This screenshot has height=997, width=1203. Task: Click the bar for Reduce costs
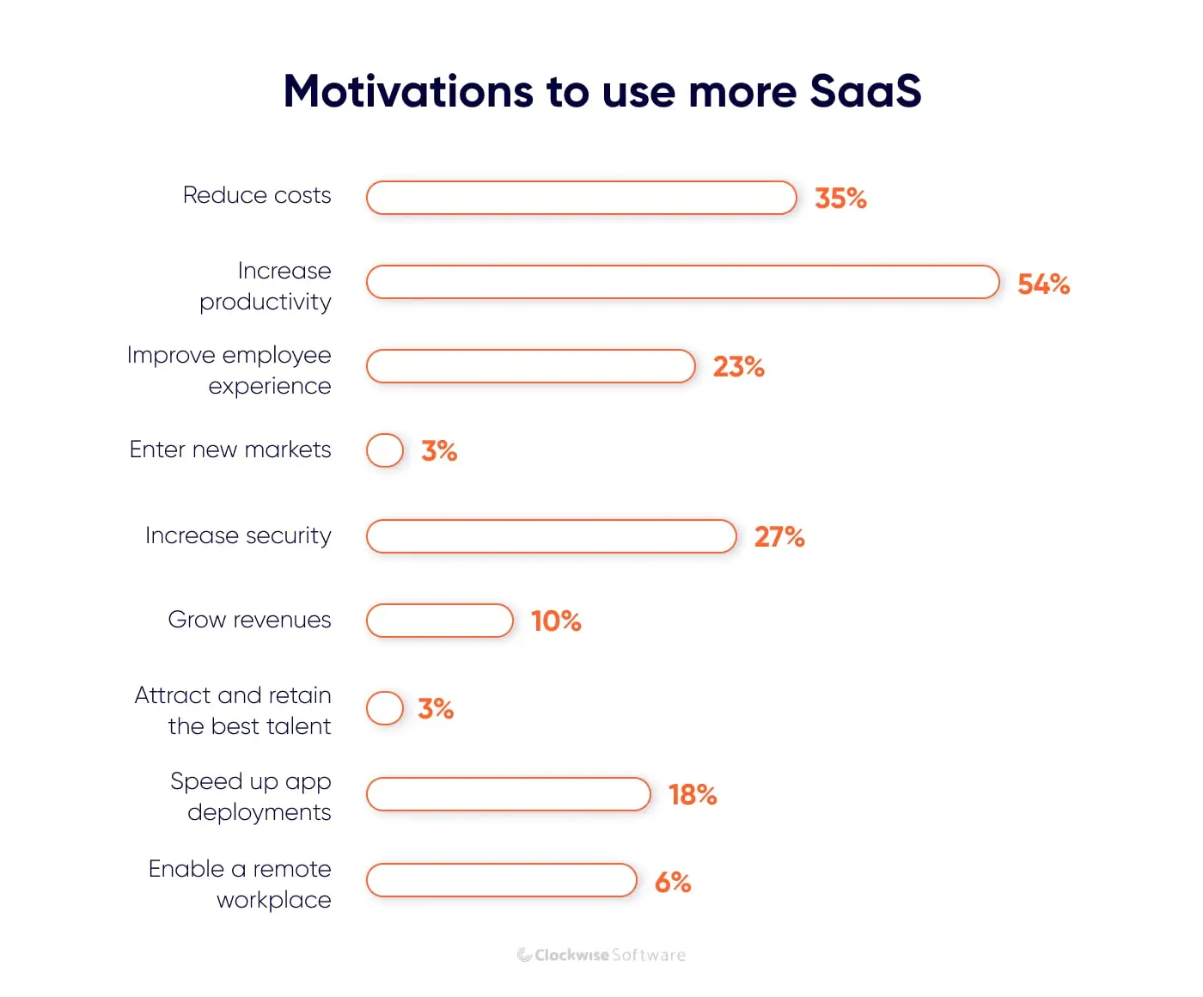point(582,198)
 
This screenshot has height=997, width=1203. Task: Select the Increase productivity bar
point(683,282)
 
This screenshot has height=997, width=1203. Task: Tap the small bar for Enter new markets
point(385,450)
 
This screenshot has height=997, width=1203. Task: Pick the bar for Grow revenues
point(440,621)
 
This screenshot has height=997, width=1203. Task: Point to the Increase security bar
point(552,536)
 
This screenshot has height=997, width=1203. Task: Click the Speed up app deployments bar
point(509,794)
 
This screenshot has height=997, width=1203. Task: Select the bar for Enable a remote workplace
point(502,880)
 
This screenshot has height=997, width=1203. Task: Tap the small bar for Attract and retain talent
point(385,708)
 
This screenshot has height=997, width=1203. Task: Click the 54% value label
point(1043,284)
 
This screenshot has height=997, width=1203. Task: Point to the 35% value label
point(840,199)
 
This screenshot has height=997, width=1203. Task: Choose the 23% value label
point(738,367)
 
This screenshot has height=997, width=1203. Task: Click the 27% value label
point(779,537)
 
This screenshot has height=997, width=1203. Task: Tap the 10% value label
point(556,621)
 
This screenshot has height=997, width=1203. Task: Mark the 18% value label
point(693,795)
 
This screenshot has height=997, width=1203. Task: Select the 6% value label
point(673,882)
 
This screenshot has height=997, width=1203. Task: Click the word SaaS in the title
point(865,91)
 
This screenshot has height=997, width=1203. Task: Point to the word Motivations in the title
point(408,91)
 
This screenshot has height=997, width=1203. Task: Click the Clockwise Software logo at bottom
point(601,955)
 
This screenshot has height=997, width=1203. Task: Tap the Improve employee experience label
point(229,370)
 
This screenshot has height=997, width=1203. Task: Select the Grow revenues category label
point(249,620)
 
